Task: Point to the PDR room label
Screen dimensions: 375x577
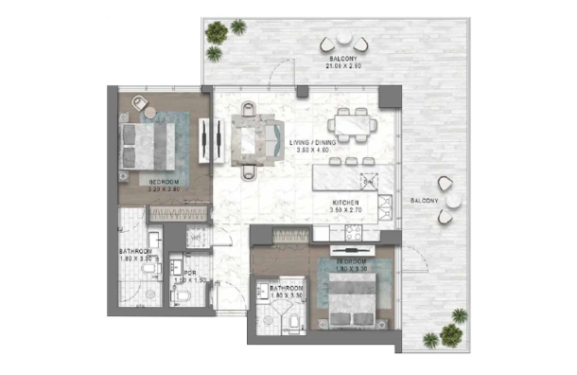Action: pos(190,275)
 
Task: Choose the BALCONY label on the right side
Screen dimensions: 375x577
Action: pos(424,201)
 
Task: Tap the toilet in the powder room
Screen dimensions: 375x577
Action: pos(185,296)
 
